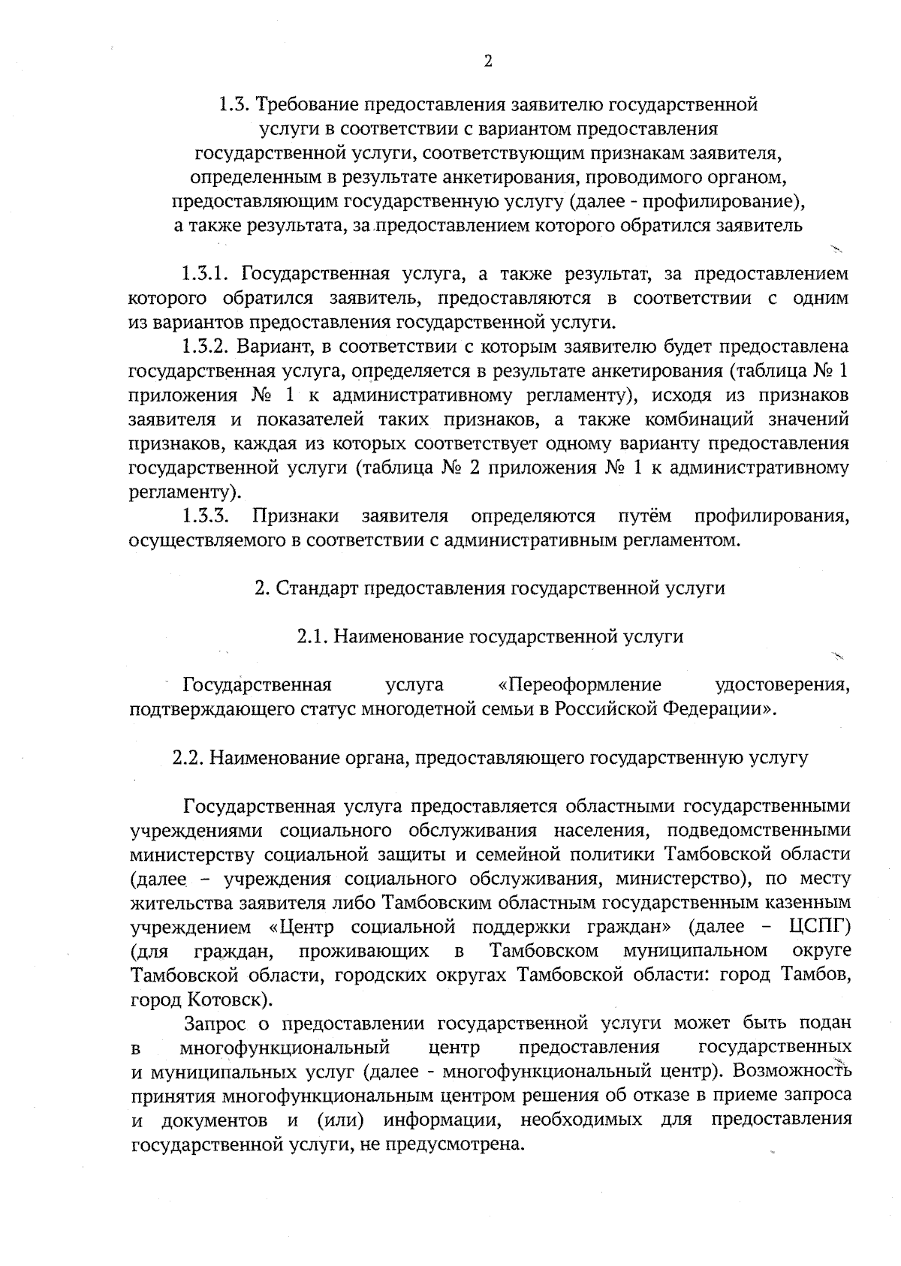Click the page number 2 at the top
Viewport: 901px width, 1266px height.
[x=488, y=62]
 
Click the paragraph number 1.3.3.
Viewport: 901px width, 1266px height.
[x=205, y=516]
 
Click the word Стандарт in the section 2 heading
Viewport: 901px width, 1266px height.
[x=317, y=588]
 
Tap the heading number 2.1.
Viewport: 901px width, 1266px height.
[x=310, y=637]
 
